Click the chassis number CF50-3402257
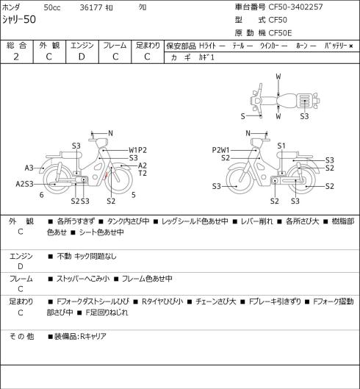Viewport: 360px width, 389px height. tap(295, 7)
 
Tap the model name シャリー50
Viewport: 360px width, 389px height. tap(19, 19)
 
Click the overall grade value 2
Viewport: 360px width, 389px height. tap(16, 57)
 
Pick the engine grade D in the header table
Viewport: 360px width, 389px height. tap(82, 57)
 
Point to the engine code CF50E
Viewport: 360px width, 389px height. tap(280, 33)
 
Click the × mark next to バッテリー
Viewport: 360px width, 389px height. tap(351, 46)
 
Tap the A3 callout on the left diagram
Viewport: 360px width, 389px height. tap(29, 168)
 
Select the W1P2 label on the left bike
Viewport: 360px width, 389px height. tap(137, 150)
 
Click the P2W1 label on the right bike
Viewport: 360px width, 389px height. tap(221, 150)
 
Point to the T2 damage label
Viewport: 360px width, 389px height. tap(143, 173)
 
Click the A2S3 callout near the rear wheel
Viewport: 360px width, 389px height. tap(24, 184)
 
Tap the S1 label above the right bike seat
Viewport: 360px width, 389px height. tap(281, 146)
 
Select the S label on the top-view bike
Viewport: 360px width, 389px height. tap(243, 116)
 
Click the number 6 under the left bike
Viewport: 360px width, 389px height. tap(42, 195)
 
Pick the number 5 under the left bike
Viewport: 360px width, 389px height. tap(134, 195)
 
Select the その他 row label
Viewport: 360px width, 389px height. tap(21, 336)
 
